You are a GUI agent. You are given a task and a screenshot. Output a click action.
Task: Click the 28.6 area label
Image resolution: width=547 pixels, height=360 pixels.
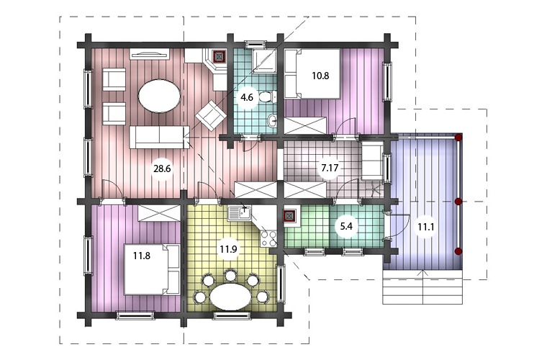click(162, 168)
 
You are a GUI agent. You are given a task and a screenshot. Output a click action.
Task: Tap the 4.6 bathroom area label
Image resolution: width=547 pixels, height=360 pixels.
click(247, 97)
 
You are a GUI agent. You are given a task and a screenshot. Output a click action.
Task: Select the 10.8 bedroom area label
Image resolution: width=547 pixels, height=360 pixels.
click(320, 76)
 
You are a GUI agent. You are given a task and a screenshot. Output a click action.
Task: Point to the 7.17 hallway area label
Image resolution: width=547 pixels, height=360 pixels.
click(330, 168)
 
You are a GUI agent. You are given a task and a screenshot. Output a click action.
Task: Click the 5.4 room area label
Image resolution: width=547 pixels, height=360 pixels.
click(346, 226)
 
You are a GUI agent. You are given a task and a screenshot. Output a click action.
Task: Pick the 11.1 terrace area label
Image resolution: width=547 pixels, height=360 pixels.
click(426, 227)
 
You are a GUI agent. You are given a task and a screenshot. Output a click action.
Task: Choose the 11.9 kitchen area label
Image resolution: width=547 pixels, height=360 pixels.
click(228, 249)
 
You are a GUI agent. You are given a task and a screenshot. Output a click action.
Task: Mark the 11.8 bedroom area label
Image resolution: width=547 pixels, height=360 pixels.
click(142, 256)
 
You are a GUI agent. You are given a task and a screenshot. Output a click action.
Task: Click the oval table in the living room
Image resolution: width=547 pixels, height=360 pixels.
click(160, 96)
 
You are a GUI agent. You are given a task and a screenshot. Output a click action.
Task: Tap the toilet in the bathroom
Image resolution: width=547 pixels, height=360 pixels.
click(268, 96)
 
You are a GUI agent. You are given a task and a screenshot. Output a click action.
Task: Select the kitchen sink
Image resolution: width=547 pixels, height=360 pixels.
click(239, 213)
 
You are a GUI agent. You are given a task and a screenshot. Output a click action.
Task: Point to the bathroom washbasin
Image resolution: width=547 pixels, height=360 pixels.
click(272, 122)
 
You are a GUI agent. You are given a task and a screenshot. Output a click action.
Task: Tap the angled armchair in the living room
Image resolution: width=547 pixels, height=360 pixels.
click(209, 115)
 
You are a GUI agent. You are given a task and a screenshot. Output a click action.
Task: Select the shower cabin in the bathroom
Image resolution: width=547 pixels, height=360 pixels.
click(264, 61)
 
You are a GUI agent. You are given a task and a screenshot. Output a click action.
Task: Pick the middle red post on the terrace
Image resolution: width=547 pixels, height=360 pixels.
click(458, 202)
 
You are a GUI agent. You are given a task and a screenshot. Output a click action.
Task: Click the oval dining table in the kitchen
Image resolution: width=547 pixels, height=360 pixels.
click(230, 297)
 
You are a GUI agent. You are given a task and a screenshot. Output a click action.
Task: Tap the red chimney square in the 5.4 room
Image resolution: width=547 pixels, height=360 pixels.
click(289, 216)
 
